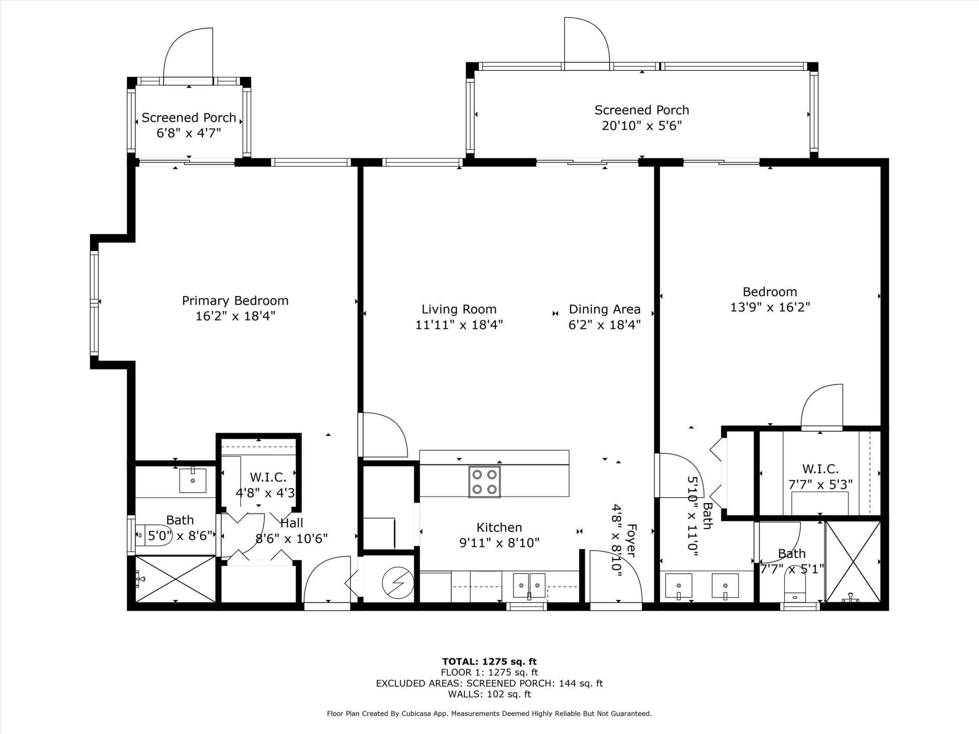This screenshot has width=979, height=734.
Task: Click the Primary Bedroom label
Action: coord(235,301)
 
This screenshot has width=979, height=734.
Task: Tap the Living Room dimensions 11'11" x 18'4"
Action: coord(459,325)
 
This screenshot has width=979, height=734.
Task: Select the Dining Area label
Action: coord(604,309)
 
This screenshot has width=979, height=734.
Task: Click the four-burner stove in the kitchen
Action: coord(484,482)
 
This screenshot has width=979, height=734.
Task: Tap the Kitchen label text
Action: coord(499,528)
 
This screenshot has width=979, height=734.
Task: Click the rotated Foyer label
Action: coord(631,540)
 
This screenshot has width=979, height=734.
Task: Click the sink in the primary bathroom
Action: coord(192,480)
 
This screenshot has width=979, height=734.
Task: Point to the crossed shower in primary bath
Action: coord(175,580)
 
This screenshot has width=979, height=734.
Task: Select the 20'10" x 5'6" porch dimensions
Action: coord(641,126)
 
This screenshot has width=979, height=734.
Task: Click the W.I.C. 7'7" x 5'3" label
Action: coord(820,477)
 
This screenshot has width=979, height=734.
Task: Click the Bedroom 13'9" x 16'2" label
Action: coord(769,299)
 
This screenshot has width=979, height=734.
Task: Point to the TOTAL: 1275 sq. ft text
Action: coord(489,662)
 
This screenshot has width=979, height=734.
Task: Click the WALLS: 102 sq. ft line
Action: coord(489,694)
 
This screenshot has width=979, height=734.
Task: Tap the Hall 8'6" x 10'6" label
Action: coord(291,531)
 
